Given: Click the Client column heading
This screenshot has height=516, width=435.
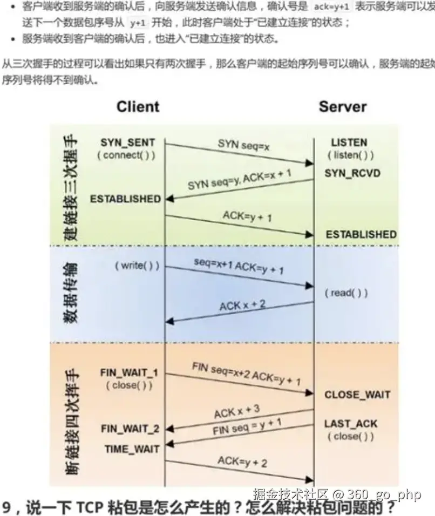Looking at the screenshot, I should click(138, 106).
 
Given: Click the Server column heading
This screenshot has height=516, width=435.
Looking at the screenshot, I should click(342, 106).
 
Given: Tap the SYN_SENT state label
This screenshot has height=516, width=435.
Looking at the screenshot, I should click(127, 143).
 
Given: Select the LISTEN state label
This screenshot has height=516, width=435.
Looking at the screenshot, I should click(349, 143).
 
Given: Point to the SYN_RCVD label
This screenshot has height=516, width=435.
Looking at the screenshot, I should click(352, 173).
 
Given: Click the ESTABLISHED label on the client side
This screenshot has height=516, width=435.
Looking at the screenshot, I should click(125, 199).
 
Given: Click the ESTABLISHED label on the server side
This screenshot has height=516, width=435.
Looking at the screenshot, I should click(361, 235).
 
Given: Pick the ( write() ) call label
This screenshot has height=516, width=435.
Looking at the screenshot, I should click(137, 266).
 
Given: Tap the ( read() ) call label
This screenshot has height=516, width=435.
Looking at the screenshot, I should click(346, 293).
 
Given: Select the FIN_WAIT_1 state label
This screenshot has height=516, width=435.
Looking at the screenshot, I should click(128, 373).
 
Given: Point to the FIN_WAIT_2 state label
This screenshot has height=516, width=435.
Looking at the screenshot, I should click(130, 429).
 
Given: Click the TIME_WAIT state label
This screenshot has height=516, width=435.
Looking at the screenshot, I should click(132, 449).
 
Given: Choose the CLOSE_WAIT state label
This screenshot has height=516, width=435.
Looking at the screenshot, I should click(357, 395).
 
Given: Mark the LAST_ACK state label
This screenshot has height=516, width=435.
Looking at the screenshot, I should click(351, 424).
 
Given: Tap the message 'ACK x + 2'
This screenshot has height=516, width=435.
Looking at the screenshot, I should click(242, 305).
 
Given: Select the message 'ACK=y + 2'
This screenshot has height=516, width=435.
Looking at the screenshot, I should click(242, 461).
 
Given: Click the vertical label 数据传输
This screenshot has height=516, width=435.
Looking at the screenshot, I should click(71, 292).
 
